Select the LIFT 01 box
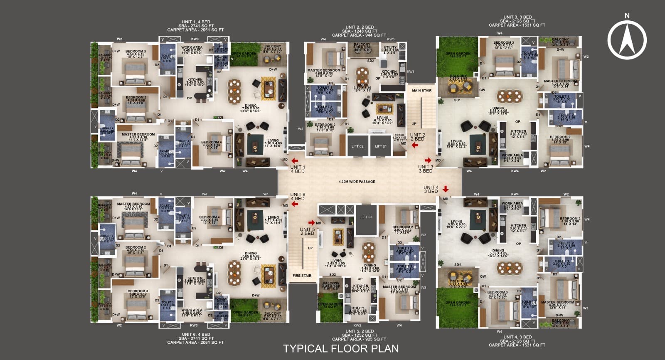pos(381,146)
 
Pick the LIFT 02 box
pos(357,146)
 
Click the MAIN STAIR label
pos(421,91)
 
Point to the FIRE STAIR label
pos(302,276)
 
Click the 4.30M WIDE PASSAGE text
pos(357,182)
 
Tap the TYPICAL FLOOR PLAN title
pos(341,348)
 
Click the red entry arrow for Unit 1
pos(295,161)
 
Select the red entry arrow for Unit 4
pos(446,189)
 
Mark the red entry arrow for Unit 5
pos(311,223)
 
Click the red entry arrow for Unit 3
pos(428,160)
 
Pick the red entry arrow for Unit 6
pos(277,204)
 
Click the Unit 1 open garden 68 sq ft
pos(244,54)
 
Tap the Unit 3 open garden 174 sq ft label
pos(458,55)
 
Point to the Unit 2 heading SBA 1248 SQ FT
pos(360,31)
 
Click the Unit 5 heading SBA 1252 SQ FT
pos(360,335)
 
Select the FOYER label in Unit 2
pos(399,136)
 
